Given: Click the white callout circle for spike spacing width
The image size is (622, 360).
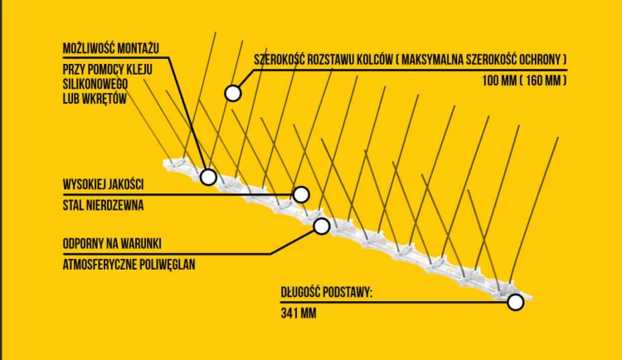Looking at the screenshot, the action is click(x=233, y=93).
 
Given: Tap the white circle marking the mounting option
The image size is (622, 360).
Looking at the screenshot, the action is click(x=208, y=177).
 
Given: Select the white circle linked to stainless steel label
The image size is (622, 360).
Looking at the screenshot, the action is click(x=301, y=194).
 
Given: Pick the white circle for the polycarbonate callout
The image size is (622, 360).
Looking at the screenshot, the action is click(x=321, y=226).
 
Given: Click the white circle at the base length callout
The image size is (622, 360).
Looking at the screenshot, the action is click(x=515, y=303).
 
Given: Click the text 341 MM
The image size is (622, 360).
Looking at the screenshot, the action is click(x=299, y=314).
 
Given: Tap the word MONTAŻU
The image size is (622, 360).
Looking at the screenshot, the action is click(x=137, y=48).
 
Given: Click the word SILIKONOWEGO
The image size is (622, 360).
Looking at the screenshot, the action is click(x=95, y=84).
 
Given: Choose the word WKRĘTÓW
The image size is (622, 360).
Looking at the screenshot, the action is click(x=105, y=99).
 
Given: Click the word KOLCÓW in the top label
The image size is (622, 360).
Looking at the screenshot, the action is click(x=375, y=60).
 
